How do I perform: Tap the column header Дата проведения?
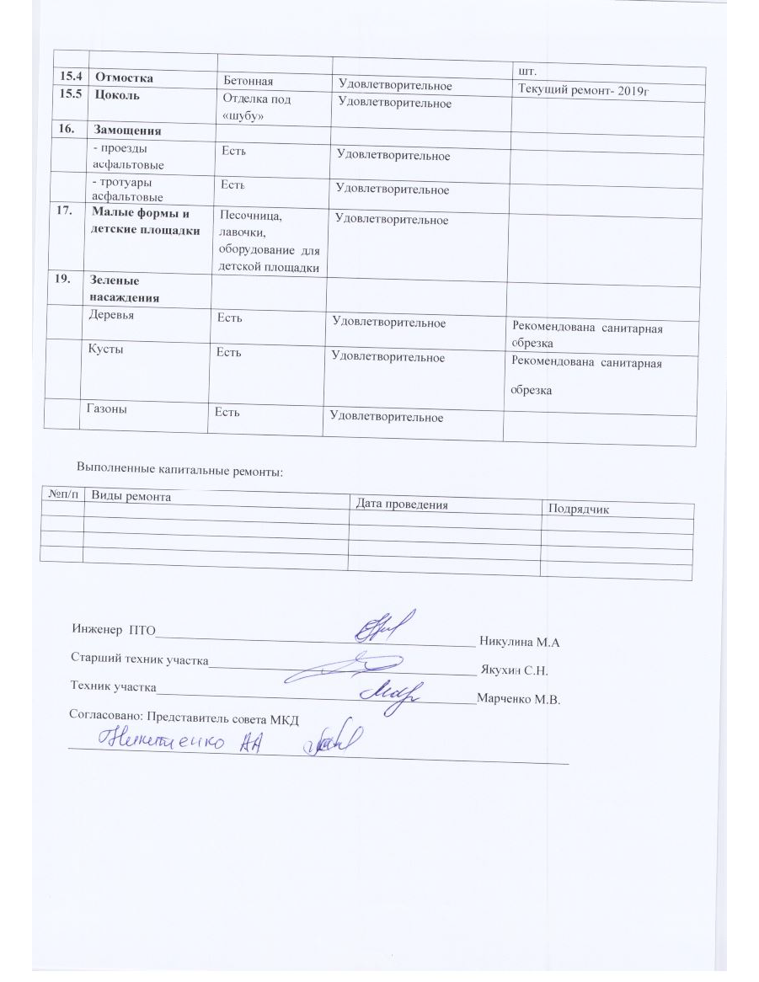(401, 504)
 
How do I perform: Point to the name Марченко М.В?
(518, 699)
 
